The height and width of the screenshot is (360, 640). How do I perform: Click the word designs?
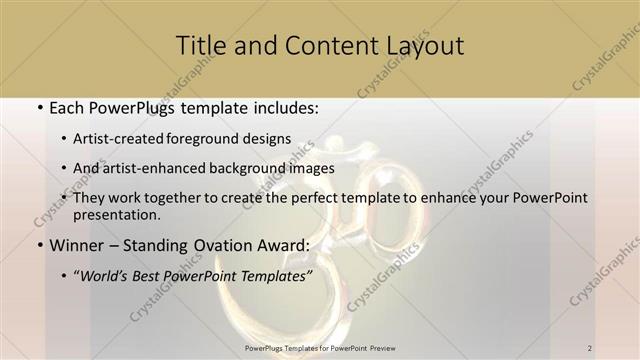pyautogui.click(x=273, y=138)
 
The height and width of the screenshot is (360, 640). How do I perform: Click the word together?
pyautogui.click(x=187, y=198)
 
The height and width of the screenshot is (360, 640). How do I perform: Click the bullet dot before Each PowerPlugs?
pyautogui.click(x=37, y=108)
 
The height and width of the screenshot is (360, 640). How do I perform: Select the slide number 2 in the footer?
pyautogui.click(x=590, y=347)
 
